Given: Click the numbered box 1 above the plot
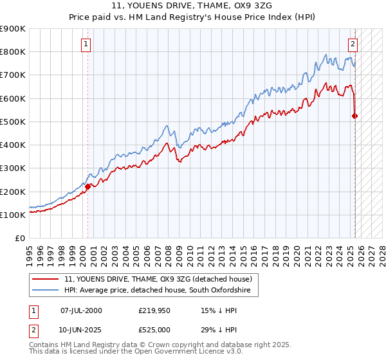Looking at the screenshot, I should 86,44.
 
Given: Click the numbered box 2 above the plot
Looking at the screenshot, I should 353,44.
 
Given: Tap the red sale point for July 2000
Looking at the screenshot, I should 88,186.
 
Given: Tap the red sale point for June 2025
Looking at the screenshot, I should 354,116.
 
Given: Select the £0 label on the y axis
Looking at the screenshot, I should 19,238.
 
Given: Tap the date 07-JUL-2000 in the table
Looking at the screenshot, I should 81,310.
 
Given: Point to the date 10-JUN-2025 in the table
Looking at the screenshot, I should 81,330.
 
